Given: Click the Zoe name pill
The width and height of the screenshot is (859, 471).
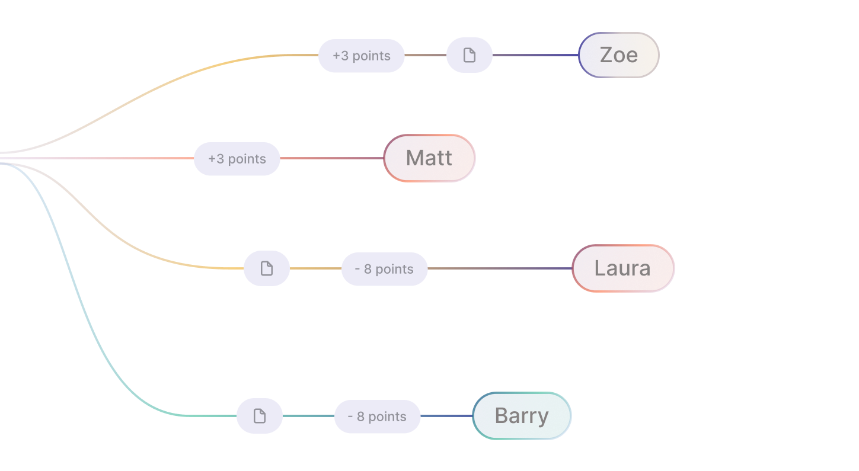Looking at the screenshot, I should [x=618, y=55].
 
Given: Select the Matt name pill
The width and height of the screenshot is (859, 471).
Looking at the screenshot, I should [x=429, y=158].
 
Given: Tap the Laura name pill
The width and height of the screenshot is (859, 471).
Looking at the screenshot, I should [x=623, y=268].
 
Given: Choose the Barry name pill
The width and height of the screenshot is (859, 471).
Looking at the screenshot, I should [x=522, y=416].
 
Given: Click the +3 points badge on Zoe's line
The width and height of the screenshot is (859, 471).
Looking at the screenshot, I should [x=362, y=56].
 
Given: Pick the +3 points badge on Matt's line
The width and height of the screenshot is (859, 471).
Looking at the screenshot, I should [x=237, y=159].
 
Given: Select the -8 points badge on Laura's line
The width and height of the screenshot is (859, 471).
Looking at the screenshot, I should [x=384, y=269].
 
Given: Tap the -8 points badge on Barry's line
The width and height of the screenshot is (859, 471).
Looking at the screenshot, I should [x=377, y=416].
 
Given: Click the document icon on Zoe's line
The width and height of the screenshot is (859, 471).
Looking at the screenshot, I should [x=469, y=55].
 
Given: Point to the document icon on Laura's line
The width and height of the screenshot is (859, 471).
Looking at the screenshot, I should [x=267, y=268].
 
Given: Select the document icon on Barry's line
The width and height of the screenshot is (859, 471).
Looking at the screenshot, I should [x=260, y=416].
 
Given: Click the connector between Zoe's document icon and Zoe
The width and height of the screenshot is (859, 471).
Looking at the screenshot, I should [x=535, y=55].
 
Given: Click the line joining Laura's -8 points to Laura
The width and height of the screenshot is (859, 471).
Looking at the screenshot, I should [x=499, y=268].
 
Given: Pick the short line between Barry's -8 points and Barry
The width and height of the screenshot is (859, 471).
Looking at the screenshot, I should [x=446, y=416].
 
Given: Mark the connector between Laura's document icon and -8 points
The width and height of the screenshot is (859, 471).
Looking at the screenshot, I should [x=315, y=268].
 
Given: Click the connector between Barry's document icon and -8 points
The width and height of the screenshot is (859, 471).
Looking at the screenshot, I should [x=308, y=416].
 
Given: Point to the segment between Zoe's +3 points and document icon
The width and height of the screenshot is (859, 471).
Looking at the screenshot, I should [x=425, y=55].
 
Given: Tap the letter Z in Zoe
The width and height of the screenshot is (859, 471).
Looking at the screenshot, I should [x=606, y=55].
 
